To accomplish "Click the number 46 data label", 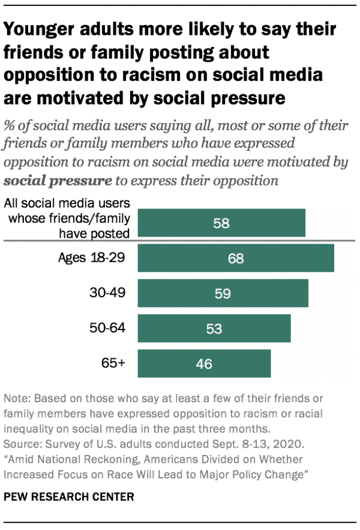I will pyautogui.click(x=204, y=364).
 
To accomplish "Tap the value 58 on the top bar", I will pyautogui.click(x=221, y=223).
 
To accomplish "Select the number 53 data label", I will pyautogui.click(x=214, y=329).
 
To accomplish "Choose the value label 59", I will pyautogui.click(x=223, y=294).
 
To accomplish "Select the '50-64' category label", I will pyautogui.click(x=109, y=329).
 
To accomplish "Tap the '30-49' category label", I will pyautogui.click(x=109, y=294).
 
